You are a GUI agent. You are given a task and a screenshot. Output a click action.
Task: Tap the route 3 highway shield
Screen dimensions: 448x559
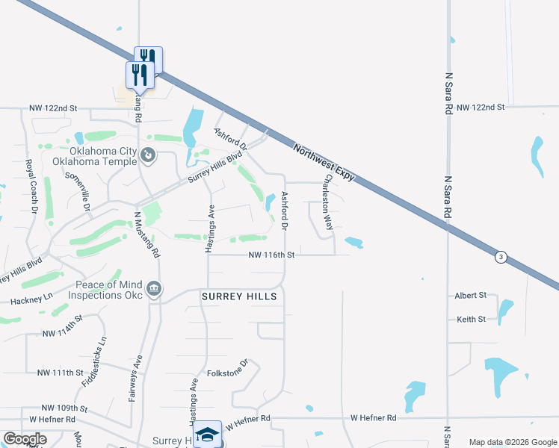(x=501, y=257)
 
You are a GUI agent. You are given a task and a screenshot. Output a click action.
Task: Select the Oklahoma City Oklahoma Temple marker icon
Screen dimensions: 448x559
(x=148, y=155)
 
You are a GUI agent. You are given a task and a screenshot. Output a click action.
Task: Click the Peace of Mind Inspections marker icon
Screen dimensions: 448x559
(x=154, y=289)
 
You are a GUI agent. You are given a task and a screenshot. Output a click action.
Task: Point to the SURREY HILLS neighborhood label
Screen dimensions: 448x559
(x=239, y=296)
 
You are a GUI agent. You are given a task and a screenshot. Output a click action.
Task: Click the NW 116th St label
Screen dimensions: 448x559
(x=273, y=255)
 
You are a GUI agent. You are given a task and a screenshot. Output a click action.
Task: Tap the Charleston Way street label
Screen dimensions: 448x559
(x=327, y=203)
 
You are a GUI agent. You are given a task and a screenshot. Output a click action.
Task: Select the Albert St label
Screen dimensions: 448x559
(x=470, y=296)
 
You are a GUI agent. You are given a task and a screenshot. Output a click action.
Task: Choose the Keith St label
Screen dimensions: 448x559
(x=472, y=319)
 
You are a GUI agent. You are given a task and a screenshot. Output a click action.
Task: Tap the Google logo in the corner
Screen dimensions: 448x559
(x=25, y=439)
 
